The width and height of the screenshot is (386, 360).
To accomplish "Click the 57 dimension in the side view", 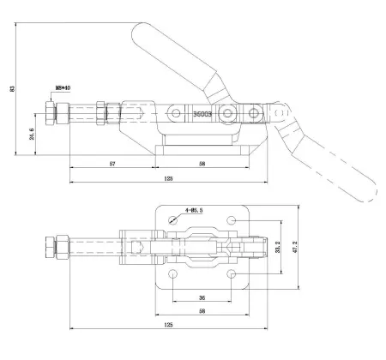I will [112, 162].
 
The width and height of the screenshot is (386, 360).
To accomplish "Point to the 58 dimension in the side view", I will [202, 162].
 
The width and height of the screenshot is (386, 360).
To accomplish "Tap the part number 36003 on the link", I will [202, 111].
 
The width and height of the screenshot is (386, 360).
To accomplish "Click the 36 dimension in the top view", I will [202, 298].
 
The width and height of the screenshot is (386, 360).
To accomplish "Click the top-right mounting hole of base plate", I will [232, 221].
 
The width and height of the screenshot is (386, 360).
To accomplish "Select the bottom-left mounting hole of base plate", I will [174, 274].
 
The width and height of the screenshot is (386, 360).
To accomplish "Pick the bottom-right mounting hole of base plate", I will [232, 274].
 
